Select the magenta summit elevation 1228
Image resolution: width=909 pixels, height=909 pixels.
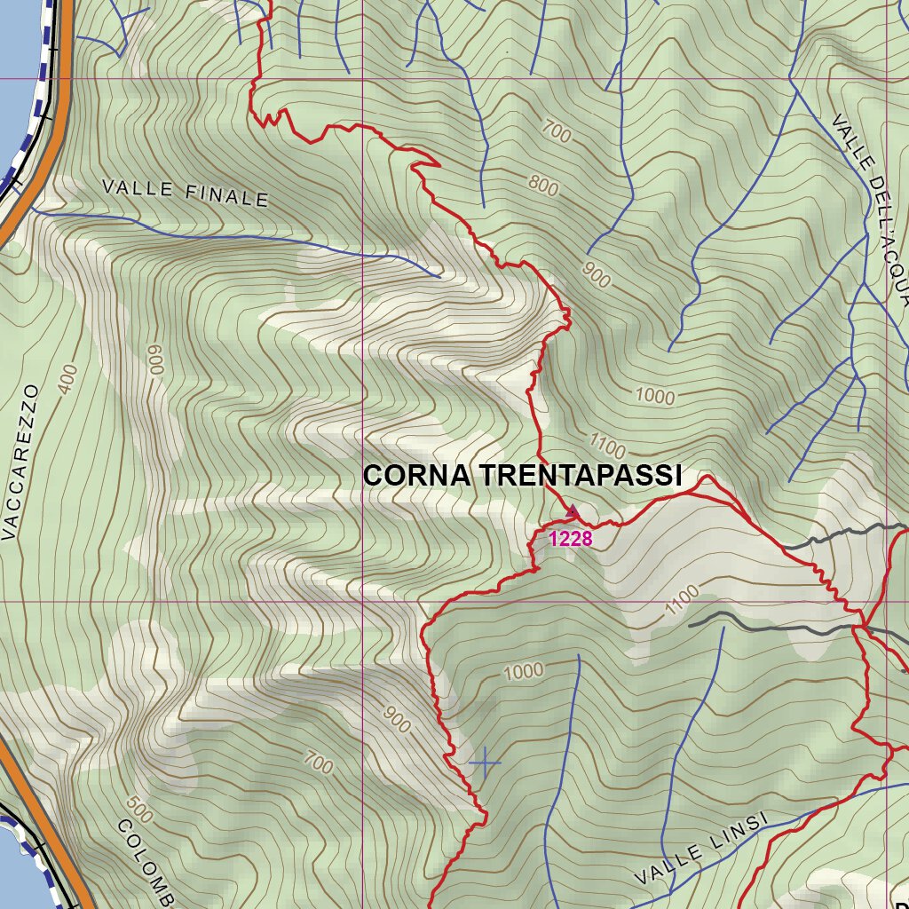point(570,538)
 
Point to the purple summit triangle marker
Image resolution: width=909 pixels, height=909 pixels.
point(573,511)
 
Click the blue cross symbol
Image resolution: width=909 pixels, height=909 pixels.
point(485,762)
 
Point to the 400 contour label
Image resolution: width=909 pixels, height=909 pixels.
point(67,379)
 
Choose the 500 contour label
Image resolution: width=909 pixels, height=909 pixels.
point(138,809)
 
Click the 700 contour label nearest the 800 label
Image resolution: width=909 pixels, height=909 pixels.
point(556,133)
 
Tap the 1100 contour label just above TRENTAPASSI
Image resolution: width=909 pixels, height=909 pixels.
point(607,446)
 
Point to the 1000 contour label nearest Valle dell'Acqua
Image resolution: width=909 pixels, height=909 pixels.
point(655,396)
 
